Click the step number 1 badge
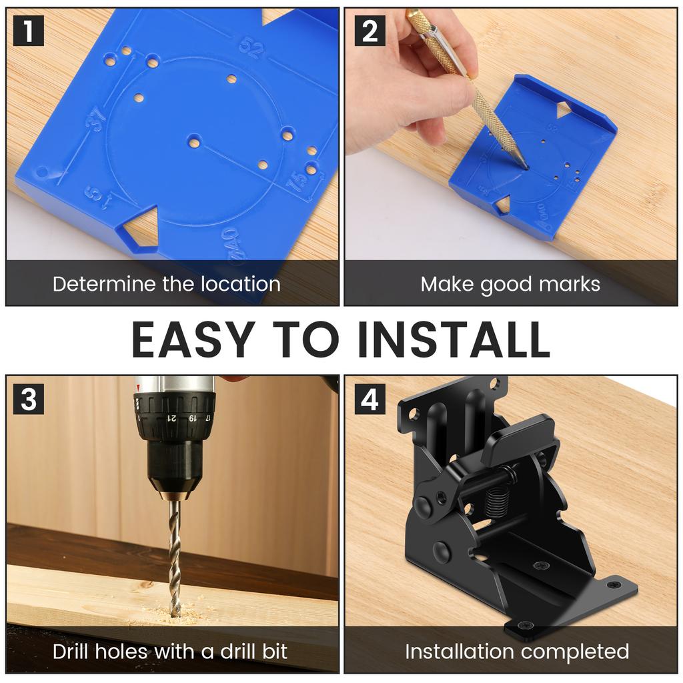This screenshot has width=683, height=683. (x=28, y=31)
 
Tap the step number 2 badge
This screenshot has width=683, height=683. (x=370, y=31)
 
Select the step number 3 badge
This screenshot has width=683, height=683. (x=28, y=399)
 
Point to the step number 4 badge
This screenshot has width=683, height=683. (x=370, y=399)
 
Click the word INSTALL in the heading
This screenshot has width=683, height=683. (x=453, y=339)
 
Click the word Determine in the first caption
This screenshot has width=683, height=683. (x=104, y=284)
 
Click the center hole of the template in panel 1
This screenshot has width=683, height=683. (x=194, y=142)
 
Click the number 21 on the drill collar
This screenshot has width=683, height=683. (x=171, y=418)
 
